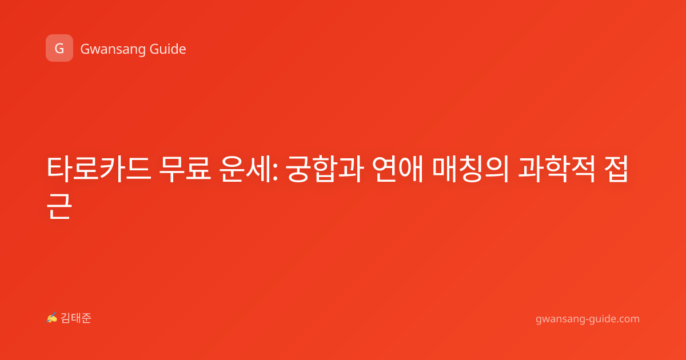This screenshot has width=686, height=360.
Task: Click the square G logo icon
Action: (59, 48)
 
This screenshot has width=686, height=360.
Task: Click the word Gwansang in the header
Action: (113, 49)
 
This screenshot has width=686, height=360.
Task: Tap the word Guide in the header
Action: (167, 49)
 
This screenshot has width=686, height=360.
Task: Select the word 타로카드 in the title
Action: (99, 169)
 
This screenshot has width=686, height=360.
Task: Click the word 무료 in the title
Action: (185, 169)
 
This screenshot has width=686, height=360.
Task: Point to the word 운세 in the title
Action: (245, 169)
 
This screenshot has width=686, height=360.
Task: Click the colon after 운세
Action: (275, 173)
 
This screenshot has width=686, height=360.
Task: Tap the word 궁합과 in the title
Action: (325, 169)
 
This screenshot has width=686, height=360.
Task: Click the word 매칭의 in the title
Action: (470, 169)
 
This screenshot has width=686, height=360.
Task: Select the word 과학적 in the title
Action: (556, 169)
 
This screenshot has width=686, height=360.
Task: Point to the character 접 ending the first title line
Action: (616, 169)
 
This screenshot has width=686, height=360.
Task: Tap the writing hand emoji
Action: (51, 318)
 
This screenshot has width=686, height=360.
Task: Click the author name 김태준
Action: (76, 318)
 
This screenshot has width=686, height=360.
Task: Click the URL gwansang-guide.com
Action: (588, 319)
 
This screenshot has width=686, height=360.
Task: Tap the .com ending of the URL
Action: (628, 319)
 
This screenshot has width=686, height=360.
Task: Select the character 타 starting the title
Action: (59, 169)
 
